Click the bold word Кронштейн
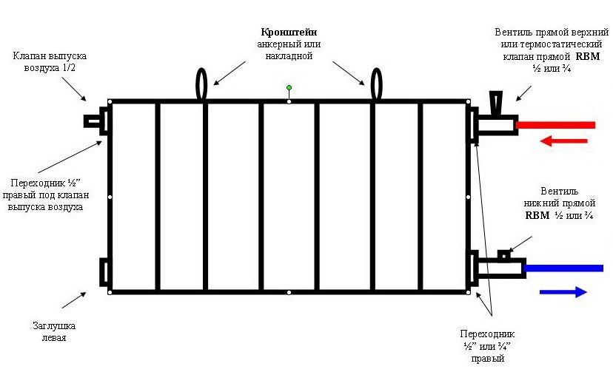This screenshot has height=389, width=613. [289, 33]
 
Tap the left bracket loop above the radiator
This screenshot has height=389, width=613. [202, 84]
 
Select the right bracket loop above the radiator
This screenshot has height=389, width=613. [376, 84]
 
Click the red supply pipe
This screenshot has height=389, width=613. [555, 125]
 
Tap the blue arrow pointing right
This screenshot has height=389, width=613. [563, 291]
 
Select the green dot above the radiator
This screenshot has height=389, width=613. [289, 88]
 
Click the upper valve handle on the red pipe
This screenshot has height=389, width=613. [495, 100]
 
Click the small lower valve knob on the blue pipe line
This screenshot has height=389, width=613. [503, 255]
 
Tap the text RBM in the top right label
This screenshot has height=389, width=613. [592, 55]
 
